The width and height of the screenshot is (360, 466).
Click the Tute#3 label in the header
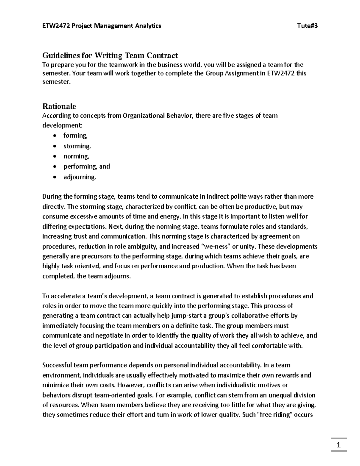point(307,26)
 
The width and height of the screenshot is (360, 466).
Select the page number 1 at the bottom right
point(339,445)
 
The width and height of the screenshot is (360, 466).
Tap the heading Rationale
point(59,106)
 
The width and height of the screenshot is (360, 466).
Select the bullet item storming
point(77,146)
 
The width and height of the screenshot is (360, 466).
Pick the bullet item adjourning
point(79,177)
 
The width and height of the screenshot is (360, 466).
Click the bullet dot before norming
point(54,157)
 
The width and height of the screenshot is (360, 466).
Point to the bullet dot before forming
point(54,136)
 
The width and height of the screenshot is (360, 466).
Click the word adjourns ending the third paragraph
point(117,276)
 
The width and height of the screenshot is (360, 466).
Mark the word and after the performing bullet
point(105,167)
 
